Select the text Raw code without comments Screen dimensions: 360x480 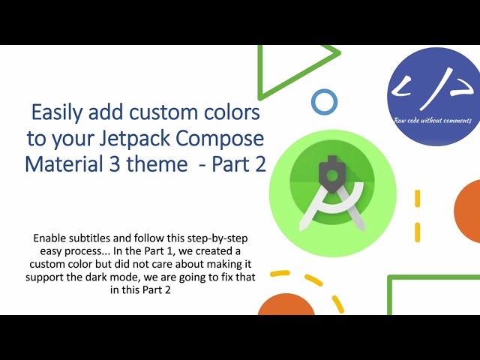(433, 121)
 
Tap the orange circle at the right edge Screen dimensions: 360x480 (469, 211)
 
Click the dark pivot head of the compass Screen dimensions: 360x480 (330, 173)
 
